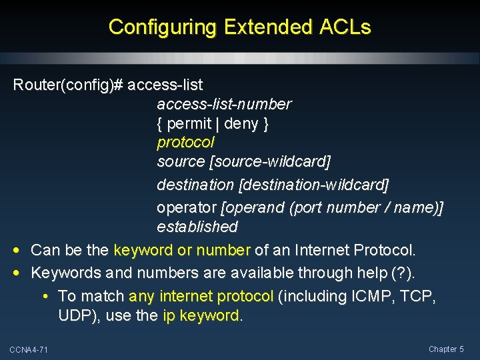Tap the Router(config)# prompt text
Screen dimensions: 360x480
coord(68,85)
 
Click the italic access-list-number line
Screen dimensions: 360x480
coord(224,105)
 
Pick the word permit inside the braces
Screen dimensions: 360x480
coord(190,123)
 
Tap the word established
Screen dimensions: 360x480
coord(197,227)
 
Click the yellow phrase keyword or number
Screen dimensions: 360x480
coord(182,251)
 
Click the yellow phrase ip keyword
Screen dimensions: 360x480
coord(201,315)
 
